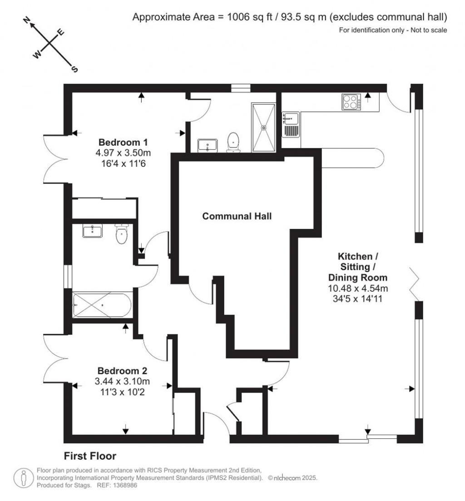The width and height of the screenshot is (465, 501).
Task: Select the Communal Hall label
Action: [x=237, y=216]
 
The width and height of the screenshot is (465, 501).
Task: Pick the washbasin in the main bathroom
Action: [x=93, y=231]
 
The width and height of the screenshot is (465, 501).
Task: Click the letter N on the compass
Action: [x=27, y=20]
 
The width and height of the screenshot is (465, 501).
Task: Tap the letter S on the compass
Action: [x=75, y=69]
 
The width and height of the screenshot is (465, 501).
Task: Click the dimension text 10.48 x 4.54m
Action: [x=358, y=288]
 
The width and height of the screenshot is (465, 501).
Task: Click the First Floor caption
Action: [x=90, y=456]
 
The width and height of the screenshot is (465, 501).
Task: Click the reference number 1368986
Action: [x=120, y=485]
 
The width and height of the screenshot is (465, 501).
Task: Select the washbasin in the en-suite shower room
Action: [x=208, y=145]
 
